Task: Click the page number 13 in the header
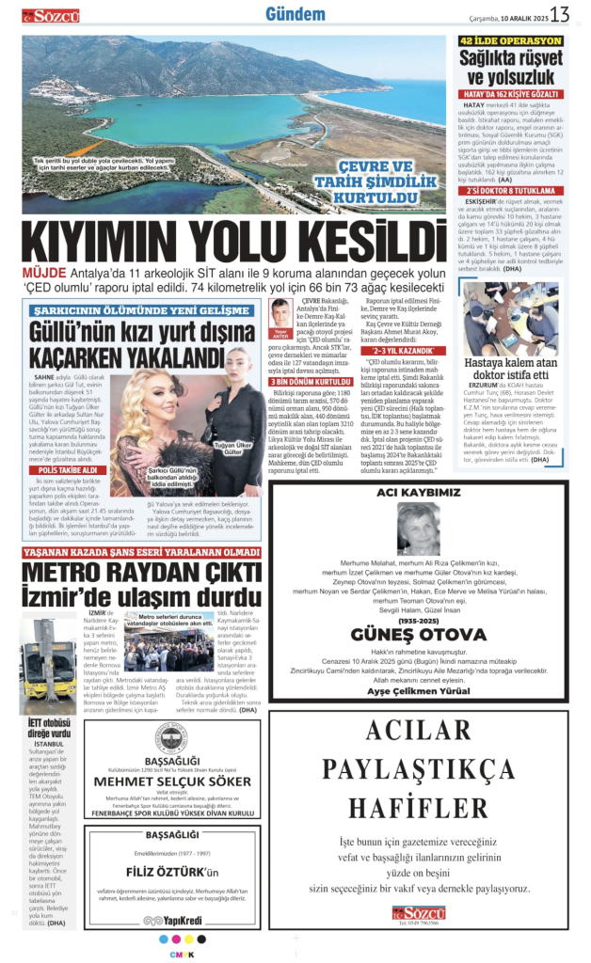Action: click(560, 14)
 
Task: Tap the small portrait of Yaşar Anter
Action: click(280, 312)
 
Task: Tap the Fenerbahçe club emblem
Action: click(172, 737)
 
